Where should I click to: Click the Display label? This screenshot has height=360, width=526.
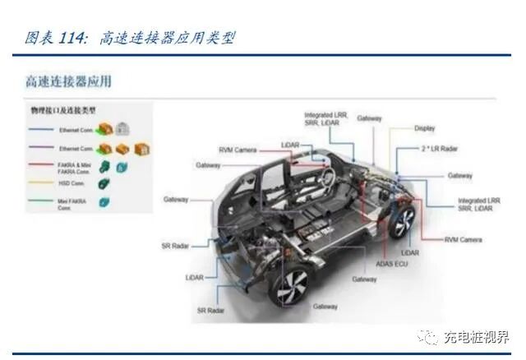(x=424, y=128)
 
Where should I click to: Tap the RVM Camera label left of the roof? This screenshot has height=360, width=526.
(x=237, y=150)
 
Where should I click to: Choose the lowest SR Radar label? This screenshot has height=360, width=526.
(x=210, y=311)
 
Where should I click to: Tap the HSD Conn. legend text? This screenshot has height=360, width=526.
(x=72, y=182)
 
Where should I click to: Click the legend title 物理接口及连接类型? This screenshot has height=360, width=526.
(x=63, y=109)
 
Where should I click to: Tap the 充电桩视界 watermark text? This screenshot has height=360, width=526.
(x=475, y=337)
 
